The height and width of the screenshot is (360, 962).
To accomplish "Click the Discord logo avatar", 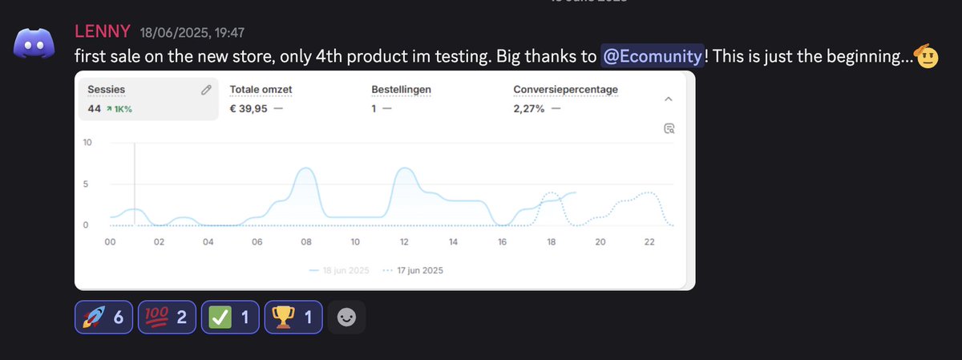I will [34, 45].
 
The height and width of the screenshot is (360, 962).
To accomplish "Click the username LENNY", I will [103, 32].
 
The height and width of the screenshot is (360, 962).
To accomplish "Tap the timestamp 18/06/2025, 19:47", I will [192, 33].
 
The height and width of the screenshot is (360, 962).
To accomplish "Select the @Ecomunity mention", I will [653, 57].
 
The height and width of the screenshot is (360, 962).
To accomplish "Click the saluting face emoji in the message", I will [926, 57].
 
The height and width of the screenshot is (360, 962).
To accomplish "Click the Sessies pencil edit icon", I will [206, 90].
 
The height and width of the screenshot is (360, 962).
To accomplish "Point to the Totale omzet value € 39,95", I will [249, 109].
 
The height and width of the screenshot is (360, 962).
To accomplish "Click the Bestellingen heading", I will [401, 90].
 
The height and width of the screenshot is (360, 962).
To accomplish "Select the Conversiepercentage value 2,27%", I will [529, 109].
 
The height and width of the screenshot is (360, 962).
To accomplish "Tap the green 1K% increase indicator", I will [118, 109].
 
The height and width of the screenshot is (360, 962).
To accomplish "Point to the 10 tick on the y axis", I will [87, 143].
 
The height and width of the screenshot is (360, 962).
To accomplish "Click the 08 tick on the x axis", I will [305, 242].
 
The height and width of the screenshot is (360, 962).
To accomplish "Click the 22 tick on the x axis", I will [649, 242].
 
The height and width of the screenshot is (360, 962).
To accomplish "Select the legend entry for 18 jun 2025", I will [339, 270].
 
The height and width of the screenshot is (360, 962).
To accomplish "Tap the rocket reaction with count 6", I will [104, 317].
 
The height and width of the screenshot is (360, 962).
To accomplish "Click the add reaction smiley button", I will [347, 317].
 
